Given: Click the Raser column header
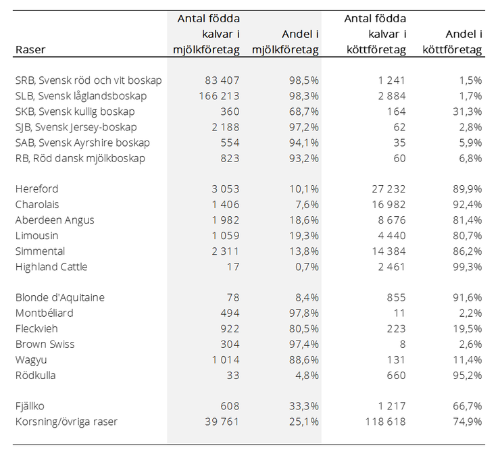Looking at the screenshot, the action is (x=30, y=50).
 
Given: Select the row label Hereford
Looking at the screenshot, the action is (x=36, y=189).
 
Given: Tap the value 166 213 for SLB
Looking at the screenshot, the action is (x=219, y=96).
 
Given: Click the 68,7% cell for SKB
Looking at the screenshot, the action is (x=304, y=111).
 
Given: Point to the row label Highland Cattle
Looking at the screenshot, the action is (x=51, y=267).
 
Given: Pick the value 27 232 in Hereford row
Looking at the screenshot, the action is (x=389, y=189).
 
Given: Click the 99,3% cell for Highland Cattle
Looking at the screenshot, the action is (x=468, y=267).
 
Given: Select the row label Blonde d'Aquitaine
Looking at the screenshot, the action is (x=60, y=297).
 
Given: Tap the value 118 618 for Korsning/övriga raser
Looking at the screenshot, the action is (x=386, y=422).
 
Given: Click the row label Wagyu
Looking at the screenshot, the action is (x=31, y=360).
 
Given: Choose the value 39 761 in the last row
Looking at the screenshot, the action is (x=222, y=422).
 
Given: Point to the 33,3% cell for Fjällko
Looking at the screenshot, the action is (x=304, y=406).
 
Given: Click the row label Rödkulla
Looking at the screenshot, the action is (x=35, y=376).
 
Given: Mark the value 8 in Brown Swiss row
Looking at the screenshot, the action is (x=403, y=345).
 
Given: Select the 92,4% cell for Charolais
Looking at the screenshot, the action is (x=468, y=205).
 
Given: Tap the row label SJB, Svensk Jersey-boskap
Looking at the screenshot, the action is (x=76, y=127).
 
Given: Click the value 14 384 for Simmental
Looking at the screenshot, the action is (x=389, y=251).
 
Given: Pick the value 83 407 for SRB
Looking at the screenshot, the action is (x=222, y=80).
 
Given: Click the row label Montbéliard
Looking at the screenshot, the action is (x=45, y=313).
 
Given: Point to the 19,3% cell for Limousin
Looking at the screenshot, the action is (x=304, y=236).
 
